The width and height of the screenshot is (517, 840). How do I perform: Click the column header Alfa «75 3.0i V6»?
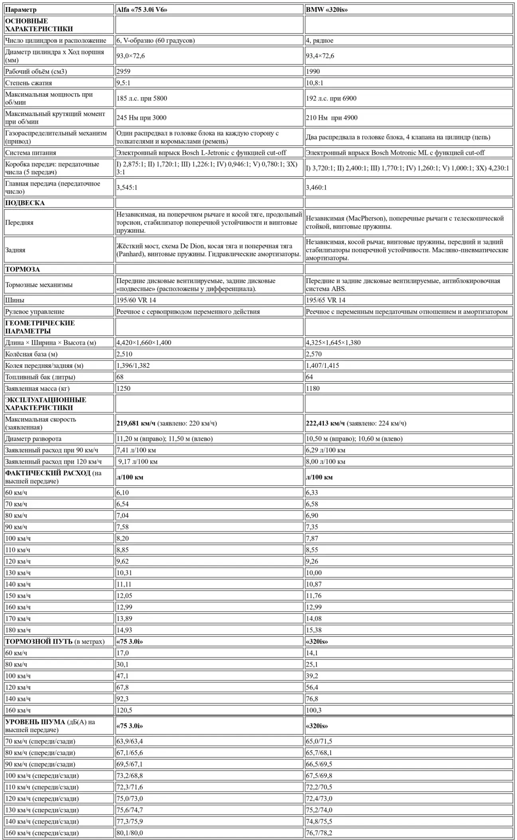click(x=142, y=10)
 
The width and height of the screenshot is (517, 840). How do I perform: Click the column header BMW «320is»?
click(x=327, y=10)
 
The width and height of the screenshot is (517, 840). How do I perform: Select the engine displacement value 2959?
click(x=123, y=71)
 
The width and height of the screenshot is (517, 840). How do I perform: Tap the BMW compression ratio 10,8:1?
click(x=314, y=83)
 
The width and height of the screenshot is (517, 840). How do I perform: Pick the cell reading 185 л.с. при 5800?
click(x=142, y=98)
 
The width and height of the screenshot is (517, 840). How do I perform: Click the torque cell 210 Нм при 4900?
click(x=332, y=118)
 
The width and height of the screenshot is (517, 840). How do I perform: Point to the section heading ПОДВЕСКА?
click(x=25, y=203)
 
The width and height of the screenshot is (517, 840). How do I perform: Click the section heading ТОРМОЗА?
click(x=22, y=269)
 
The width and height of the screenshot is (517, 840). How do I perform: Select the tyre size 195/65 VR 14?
click(x=326, y=300)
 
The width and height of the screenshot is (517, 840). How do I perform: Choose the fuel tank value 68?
click(x=120, y=377)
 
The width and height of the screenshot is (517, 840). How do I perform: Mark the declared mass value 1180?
click(x=313, y=388)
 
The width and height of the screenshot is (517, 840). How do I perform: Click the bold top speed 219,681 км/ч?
click(x=136, y=423)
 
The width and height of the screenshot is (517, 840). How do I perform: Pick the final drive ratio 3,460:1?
click(x=316, y=187)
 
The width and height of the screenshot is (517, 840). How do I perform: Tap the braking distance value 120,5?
click(x=124, y=710)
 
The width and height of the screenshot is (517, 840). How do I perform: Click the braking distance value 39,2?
click(x=312, y=676)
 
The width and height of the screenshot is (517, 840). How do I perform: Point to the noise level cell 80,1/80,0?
click(x=130, y=833)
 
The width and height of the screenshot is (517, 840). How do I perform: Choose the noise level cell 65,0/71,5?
click(x=319, y=741)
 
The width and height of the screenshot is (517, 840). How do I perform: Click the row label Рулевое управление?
click(x=35, y=312)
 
